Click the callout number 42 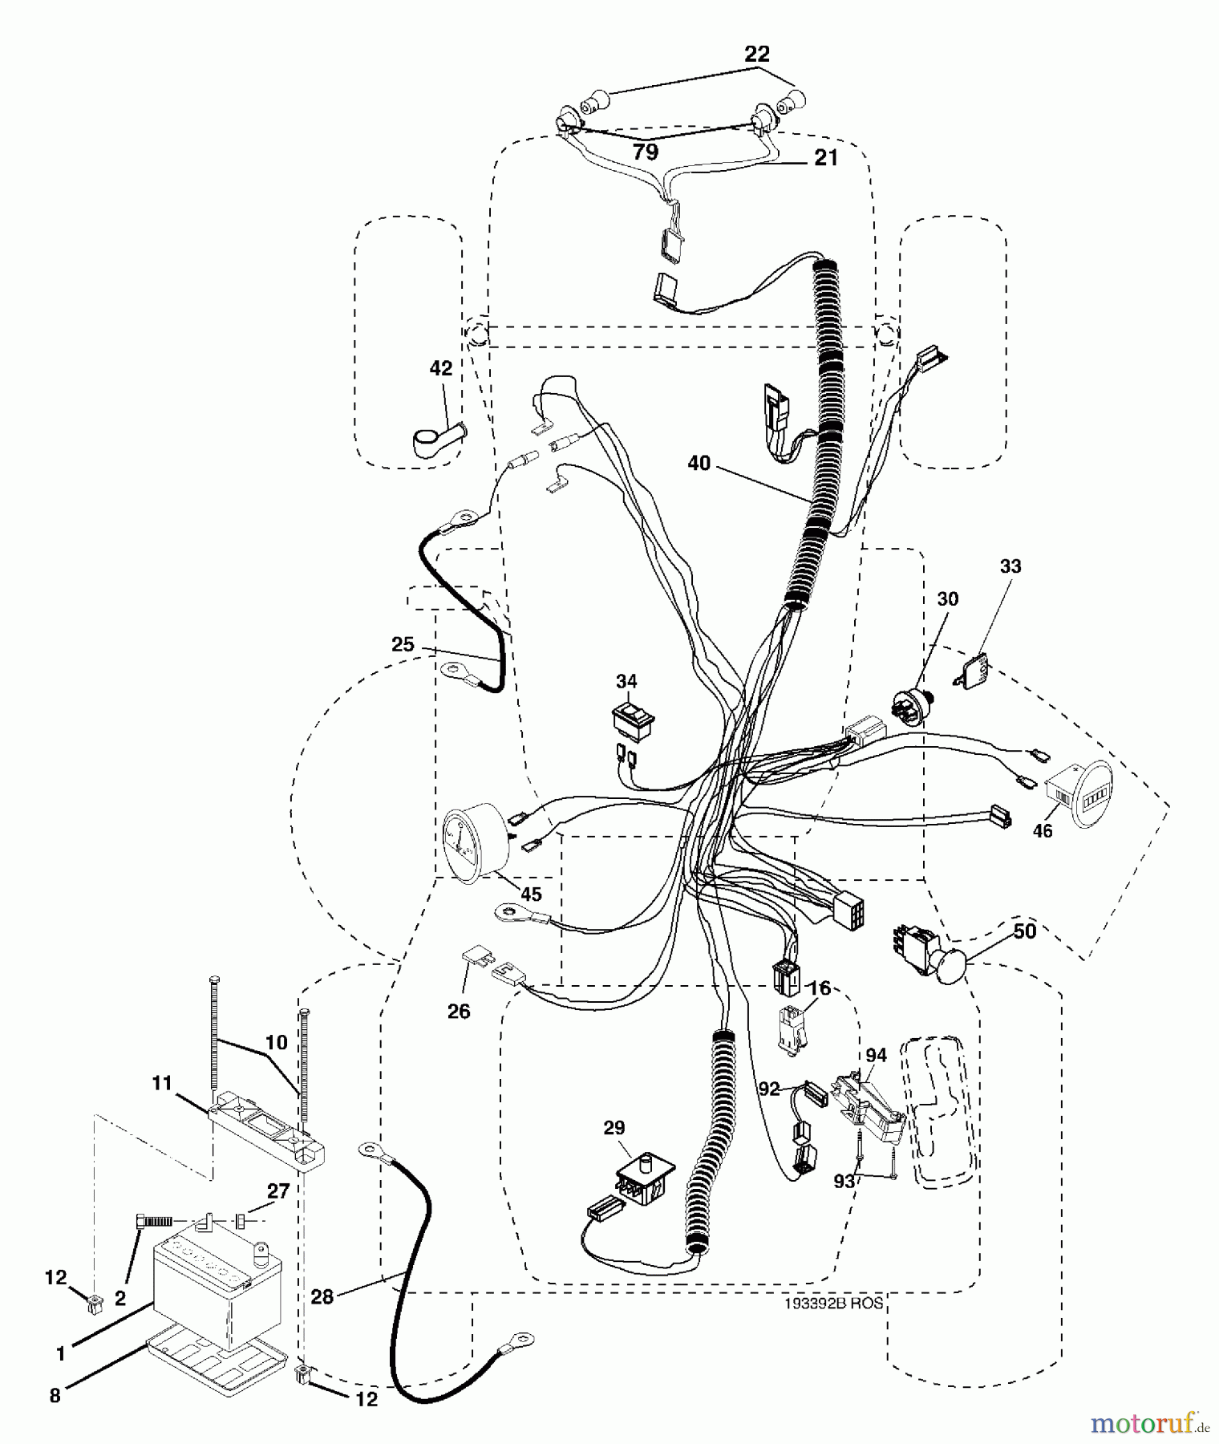[440, 368]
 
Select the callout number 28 [322, 1297]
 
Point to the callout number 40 [699, 463]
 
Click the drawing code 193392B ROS [833, 1303]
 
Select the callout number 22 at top [756, 55]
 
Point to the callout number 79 [646, 151]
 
